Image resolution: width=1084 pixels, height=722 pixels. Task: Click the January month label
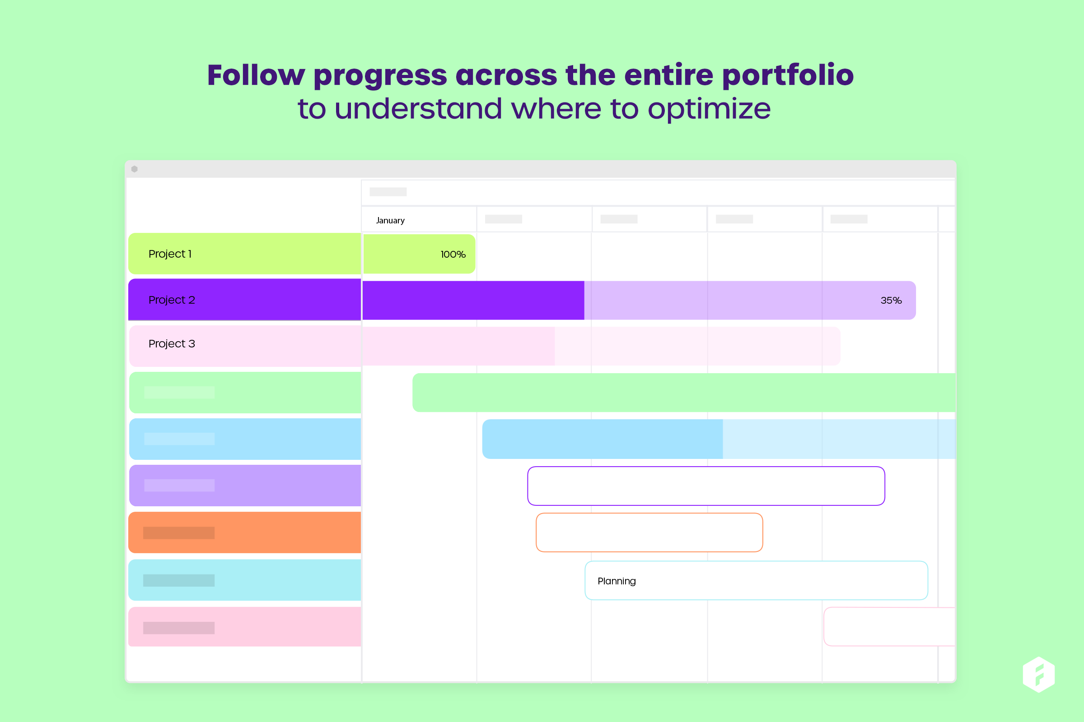click(x=390, y=221)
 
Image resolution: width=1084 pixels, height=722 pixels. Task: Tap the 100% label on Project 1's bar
click(x=453, y=255)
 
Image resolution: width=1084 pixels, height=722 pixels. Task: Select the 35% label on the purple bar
click(x=890, y=301)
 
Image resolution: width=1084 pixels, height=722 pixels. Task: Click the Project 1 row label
click(x=170, y=254)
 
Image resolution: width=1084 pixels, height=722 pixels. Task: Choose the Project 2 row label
click(x=172, y=300)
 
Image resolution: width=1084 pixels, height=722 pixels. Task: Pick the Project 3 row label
click(x=172, y=344)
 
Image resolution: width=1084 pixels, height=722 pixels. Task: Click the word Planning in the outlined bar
click(x=616, y=581)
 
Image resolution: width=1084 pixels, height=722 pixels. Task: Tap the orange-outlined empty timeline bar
click(x=649, y=533)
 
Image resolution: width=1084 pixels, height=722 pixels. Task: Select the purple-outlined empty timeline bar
click(x=706, y=486)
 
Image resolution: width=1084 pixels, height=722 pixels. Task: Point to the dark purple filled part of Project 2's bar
click(x=473, y=301)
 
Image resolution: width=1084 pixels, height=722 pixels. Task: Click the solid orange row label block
click(x=244, y=533)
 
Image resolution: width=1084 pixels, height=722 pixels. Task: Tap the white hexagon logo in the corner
click(x=1038, y=675)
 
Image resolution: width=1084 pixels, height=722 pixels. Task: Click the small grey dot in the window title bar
click(x=135, y=169)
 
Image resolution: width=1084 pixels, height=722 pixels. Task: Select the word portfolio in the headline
click(x=787, y=75)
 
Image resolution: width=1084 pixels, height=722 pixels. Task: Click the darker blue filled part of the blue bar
click(x=602, y=439)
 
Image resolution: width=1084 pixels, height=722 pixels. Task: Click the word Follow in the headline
click(x=256, y=75)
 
